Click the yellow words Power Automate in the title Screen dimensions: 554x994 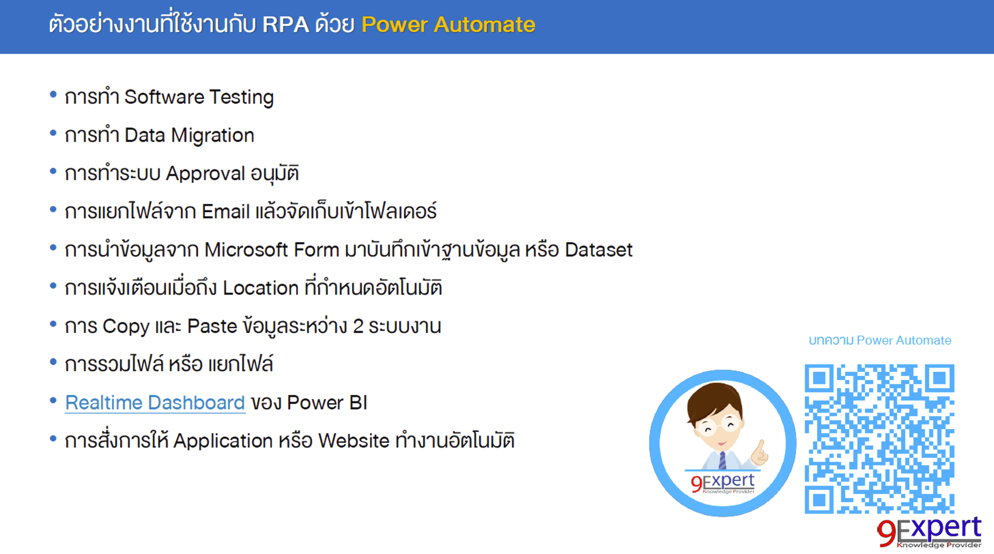point(448,25)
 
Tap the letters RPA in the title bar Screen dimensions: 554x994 point(286,25)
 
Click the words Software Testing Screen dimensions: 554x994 point(199,97)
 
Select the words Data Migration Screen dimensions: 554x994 point(189,135)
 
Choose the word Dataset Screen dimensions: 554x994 point(598,250)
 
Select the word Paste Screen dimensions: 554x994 point(212,326)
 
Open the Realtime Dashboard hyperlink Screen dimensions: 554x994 point(155,403)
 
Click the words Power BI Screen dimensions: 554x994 point(327,403)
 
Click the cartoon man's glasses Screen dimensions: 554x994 point(719,426)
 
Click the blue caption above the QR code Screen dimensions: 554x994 point(880,340)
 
